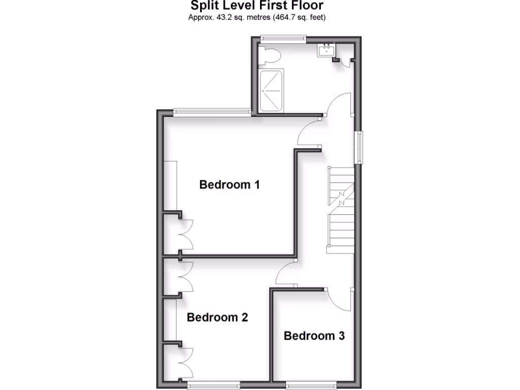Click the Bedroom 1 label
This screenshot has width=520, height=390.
(x=230, y=184)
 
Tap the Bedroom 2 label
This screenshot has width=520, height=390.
(x=217, y=318)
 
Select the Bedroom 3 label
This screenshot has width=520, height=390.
(x=314, y=336)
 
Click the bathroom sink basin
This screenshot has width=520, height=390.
(x=325, y=50)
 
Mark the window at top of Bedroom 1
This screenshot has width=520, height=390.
(x=211, y=112)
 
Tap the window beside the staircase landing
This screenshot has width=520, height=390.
(x=360, y=147)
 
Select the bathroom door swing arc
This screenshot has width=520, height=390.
(x=338, y=104)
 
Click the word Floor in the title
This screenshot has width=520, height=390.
(x=305, y=6)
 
